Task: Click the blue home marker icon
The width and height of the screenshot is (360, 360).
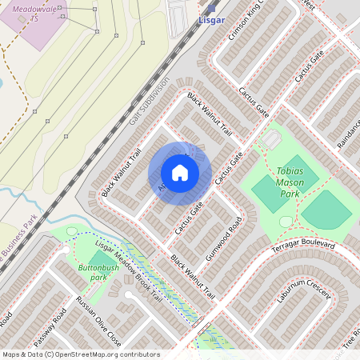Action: point(180,173)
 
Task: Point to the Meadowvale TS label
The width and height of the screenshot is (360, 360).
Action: point(36,12)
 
